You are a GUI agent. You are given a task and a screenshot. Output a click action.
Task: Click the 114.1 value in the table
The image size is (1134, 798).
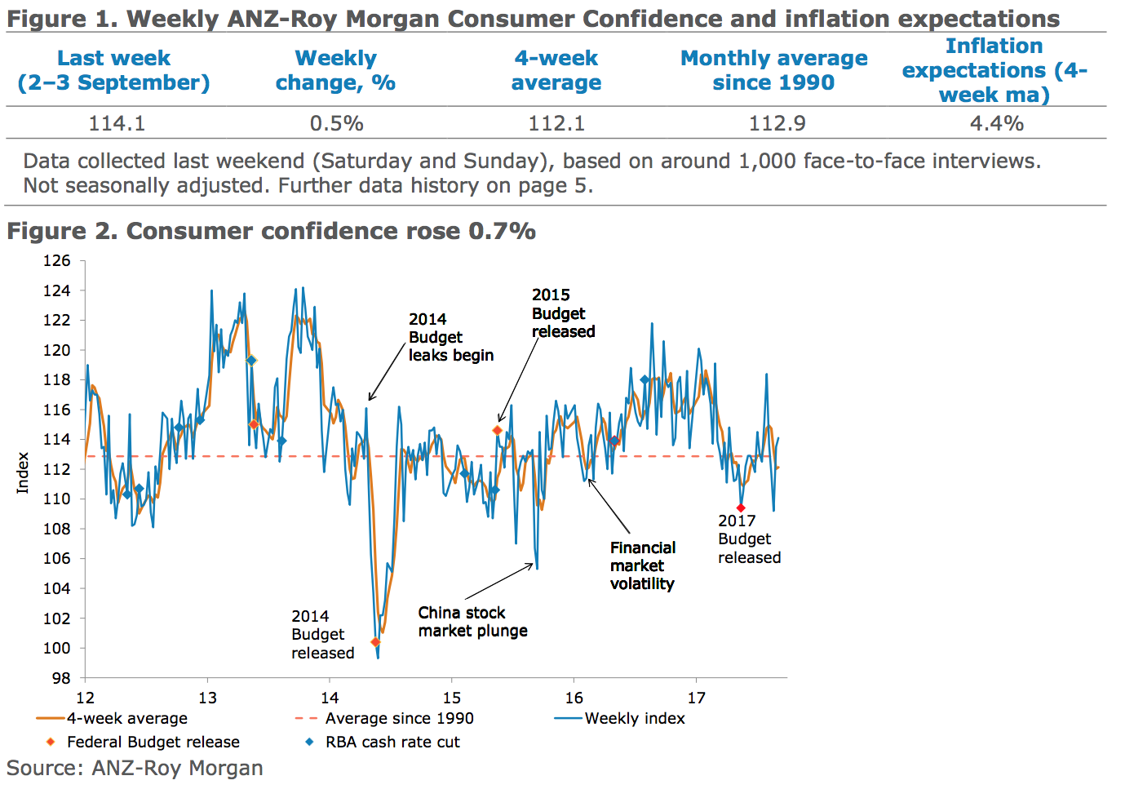click(x=117, y=123)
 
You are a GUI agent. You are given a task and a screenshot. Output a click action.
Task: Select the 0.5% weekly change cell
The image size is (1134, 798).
click(x=336, y=123)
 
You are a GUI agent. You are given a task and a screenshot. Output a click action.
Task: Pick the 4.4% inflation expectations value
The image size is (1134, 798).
click(x=996, y=123)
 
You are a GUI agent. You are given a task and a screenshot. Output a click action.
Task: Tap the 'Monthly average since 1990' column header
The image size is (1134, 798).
click(x=773, y=70)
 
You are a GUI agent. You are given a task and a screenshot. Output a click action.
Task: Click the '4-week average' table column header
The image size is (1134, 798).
click(x=556, y=70)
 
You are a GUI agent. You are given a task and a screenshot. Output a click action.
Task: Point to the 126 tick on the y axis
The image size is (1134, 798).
click(x=57, y=261)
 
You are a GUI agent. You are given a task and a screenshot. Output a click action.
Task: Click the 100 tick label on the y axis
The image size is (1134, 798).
click(x=57, y=648)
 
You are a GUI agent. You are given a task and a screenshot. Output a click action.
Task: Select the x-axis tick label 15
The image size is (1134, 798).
click(x=452, y=698)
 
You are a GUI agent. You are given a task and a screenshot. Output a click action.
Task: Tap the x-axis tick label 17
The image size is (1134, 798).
click(x=696, y=698)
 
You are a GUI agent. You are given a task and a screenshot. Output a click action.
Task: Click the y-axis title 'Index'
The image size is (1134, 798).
click(x=23, y=472)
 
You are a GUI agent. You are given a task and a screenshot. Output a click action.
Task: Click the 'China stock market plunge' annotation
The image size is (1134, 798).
click(x=472, y=622)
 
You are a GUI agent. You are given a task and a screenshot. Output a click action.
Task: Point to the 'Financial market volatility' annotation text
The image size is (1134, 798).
click(x=643, y=565)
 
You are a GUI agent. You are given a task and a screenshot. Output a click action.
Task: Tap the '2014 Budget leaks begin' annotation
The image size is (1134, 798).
click(x=450, y=337)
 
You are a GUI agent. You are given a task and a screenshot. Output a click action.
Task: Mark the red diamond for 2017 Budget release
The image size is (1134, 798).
click(x=741, y=508)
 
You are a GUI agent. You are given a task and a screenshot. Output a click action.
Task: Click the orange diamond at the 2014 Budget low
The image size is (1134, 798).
click(x=375, y=642)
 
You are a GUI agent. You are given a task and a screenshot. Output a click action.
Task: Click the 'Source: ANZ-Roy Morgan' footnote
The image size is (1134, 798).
click(x=135, y=769)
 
